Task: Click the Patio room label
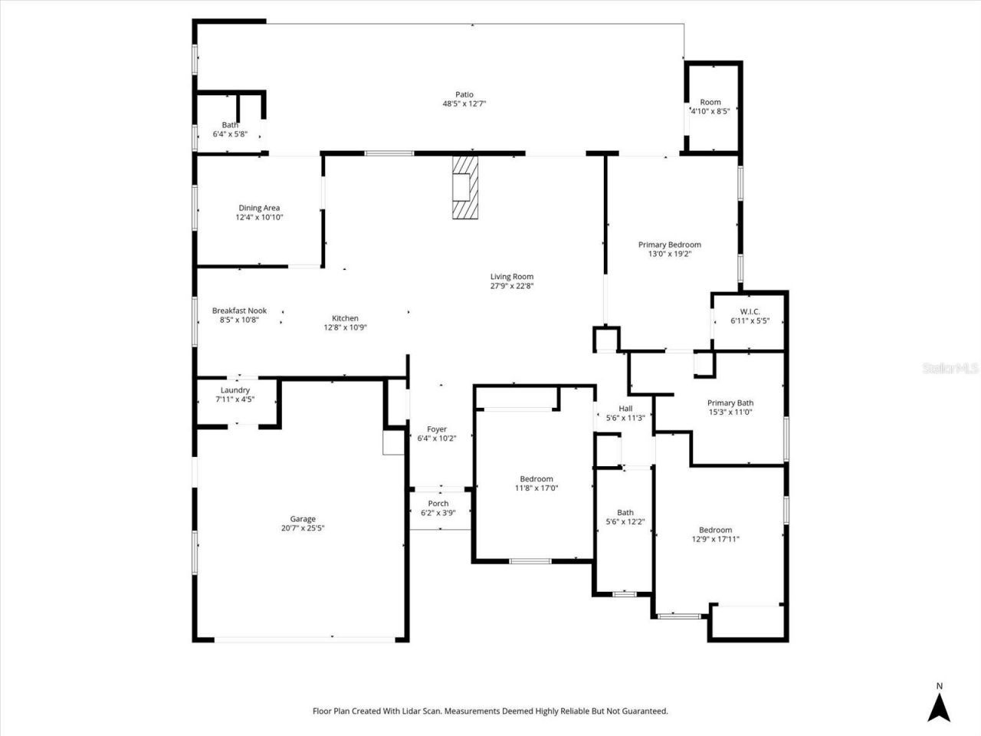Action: (x=464, y=95)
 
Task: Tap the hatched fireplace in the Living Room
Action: (x=464, y=188)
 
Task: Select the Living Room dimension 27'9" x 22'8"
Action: (x=512, y=286)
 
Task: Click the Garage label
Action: (x=303, y=519)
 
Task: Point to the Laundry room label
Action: (x=235, y=390)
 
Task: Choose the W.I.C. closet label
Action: (x=750, y=311)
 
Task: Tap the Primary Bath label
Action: (x=730, y=403)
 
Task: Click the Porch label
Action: (x=438, y=504)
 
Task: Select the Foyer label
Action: (x=437, y=429)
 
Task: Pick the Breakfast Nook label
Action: (x=239, y=310)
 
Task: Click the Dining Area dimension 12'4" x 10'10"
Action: (x=259, y=218)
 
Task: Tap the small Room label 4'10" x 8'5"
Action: (x=710, y=102)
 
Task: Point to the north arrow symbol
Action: (x=939, y=707)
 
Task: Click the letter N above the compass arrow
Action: (x=939, y=686)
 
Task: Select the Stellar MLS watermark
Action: (x=950, y=369)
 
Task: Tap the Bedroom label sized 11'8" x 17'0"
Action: (x=536, y=479)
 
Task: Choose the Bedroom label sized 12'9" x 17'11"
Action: (x=715, y=530)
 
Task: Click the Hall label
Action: (x=625, y=409)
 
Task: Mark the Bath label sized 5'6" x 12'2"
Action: (x=625, y=513)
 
